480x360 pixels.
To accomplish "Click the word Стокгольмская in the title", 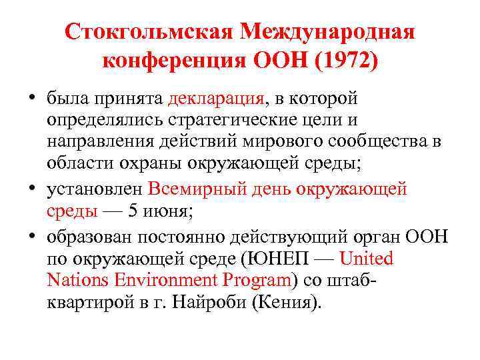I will pos(149,32).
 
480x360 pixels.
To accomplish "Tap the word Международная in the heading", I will pos(328,32).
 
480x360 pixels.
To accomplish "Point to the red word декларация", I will pos(217,99).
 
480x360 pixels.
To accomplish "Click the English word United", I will pos(367,258).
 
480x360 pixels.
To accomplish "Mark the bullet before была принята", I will pos(31,99).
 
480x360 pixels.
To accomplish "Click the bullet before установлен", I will pos(31,189).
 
